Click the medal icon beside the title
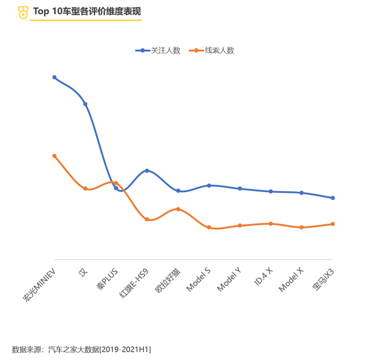(23, 11)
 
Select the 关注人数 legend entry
(158, 50)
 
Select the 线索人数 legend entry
(212, 50)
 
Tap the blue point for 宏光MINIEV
(54, 77)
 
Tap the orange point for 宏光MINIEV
(54, 156)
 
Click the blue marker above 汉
(85, 104)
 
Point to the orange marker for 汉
(85, 189)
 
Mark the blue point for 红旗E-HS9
(147, 171)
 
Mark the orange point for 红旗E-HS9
(147, 219)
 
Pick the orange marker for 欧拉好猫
(178, 209)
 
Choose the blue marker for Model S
(209, 185)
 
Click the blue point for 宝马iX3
(333, 198)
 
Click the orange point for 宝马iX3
(333, 224)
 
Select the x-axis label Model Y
(229, 279)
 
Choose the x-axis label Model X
(291, 279)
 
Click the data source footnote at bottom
(81, 349)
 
